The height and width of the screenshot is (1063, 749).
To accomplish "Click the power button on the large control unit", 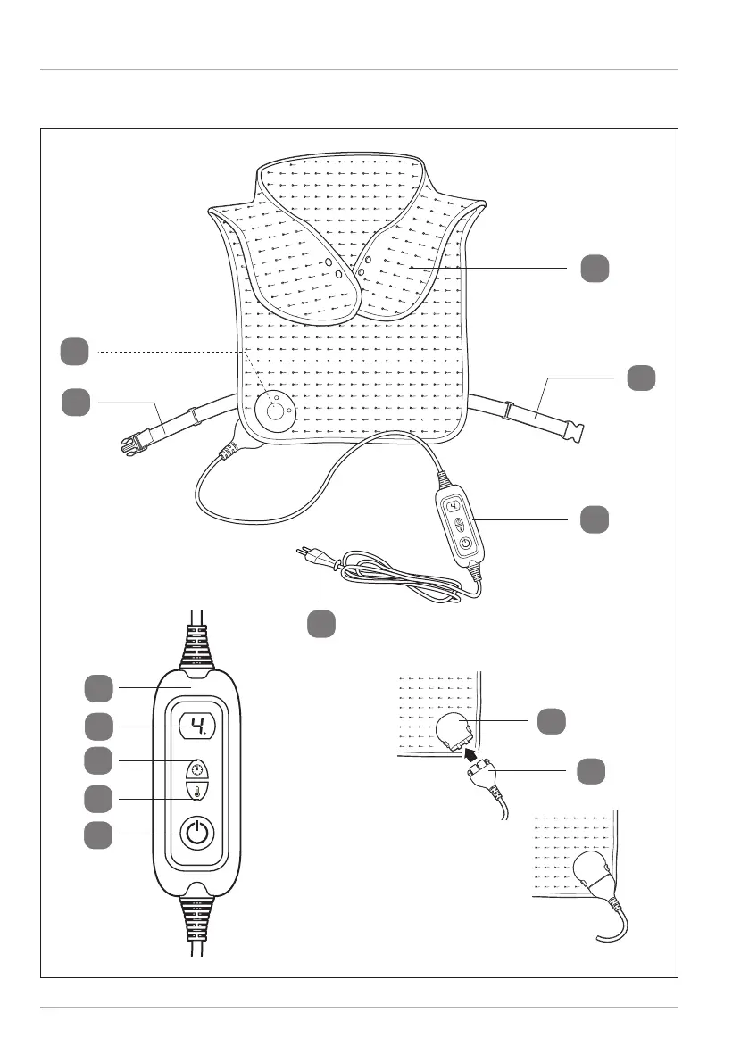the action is pyautogui.click(x=196, y=832).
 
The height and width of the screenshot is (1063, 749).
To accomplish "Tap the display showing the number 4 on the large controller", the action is pyautogui.click(x=197, y=727).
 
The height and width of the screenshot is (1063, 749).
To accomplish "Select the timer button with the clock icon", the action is pyautogui.click(x=196, y=768).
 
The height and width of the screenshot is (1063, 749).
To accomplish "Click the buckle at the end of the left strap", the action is pyautogui.click(x=134, y=443).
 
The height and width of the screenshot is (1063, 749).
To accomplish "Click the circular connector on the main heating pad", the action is pyautogui.click(x=275, y=411).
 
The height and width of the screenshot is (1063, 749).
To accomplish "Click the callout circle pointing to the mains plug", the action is pyautogui.click(x=321, y=624).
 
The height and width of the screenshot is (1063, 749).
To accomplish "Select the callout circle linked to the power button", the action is pyautogui.click(x=98, y=835).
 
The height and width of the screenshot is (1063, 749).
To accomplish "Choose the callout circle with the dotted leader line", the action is pyautogui.click(x=75, y=351).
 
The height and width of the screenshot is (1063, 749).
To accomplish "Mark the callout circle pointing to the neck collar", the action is pyautogui.click(x=595, y=269).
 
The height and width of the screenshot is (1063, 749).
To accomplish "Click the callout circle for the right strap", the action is pyautogui.click(x=641, y=378).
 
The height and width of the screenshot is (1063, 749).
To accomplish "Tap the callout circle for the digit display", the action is pyautogui.click(x=98, y=727).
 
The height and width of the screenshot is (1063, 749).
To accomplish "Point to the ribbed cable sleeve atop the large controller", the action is pyautogui.click(x=197, y=647).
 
